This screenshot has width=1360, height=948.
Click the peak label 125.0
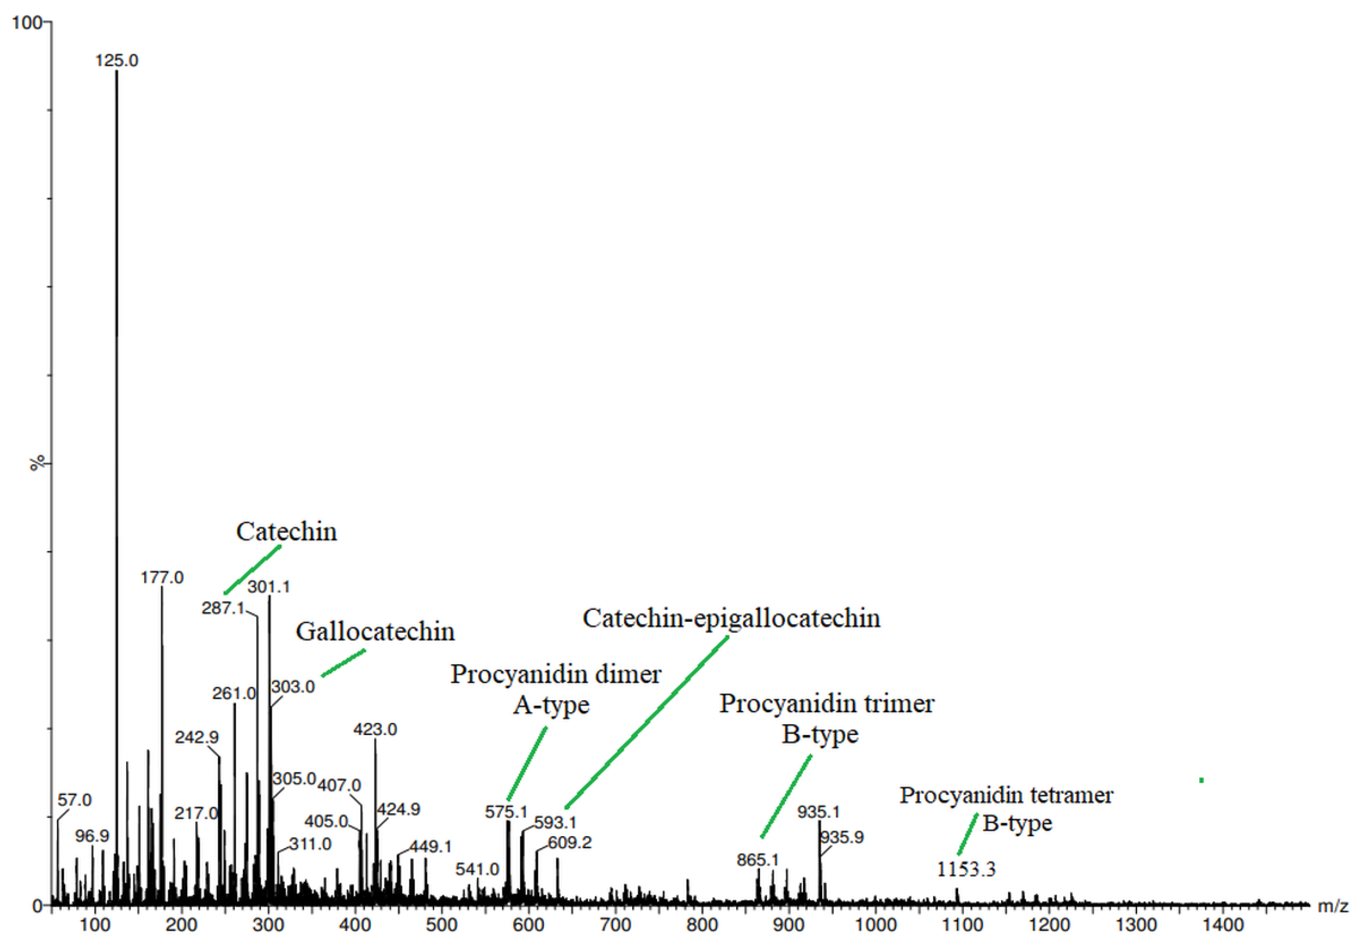[x=117, y=61]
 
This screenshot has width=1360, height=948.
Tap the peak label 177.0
[x=162, y=578]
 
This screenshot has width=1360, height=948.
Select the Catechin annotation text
[x=286, y=532]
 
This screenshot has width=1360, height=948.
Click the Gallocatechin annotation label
[x=375, y=631]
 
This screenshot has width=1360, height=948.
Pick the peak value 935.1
[x=818, y=812]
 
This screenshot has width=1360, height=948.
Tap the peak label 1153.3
[x=966, y=870]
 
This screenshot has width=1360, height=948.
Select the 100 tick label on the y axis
[x=27, y=22]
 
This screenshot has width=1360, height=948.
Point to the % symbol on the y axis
[x=37, y=463]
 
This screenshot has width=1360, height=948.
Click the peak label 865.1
[x=758, y=860]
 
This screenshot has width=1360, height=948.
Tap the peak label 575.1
[x=506, y=812]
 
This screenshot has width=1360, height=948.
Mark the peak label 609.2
[x=569, y=842]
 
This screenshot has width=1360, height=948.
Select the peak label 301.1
[x=268, y=587]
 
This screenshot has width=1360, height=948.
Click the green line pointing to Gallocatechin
[x=343, y=663]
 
